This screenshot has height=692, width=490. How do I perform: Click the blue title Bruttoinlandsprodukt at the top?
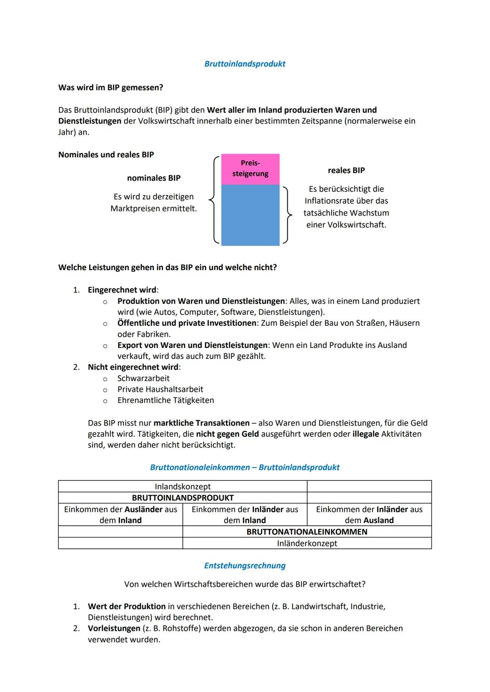245,64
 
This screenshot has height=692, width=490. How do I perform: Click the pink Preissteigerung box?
250,169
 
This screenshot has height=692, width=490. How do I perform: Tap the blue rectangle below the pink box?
250,215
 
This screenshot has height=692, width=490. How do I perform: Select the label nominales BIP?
153,178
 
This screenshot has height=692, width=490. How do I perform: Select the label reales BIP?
346,170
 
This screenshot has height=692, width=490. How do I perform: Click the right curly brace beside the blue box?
286,214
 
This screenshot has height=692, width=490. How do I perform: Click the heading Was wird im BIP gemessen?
111,87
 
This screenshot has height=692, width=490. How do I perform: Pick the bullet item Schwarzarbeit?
143,378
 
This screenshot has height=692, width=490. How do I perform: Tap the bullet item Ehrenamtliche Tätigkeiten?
166,400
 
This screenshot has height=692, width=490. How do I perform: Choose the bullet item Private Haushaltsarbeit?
160,389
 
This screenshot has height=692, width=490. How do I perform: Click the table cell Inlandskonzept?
182,486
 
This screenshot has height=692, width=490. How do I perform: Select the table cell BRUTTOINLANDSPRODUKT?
182,498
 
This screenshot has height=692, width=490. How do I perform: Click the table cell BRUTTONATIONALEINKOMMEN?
307,532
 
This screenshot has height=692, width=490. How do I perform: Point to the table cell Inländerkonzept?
307,543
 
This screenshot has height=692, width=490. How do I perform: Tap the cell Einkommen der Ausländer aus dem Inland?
121,515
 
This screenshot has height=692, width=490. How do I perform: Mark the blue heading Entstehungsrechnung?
245,566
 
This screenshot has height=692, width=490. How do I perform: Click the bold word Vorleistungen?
114,629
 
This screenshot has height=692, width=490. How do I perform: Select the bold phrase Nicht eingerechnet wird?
133,367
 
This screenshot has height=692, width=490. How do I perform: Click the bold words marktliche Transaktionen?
201,423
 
